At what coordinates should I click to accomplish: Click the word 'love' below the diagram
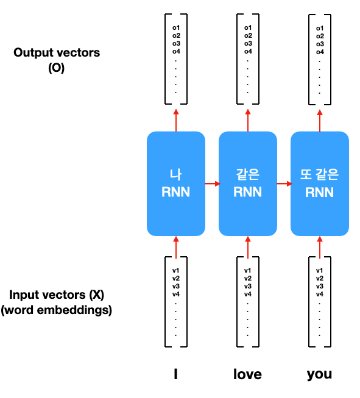pos(247,374)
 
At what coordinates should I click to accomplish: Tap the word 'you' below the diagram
pos(319,375)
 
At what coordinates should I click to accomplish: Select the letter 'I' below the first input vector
pos(175,374)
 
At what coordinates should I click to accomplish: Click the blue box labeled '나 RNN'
pos(176,184)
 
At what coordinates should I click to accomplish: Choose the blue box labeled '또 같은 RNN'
pos(320,184)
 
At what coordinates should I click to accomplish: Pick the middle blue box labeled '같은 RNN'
pos(248,184)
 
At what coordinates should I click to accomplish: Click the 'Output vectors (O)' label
pos(57,60)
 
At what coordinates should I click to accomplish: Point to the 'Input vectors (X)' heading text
pos(57,295)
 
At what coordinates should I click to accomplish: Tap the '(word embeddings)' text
pos(57,310)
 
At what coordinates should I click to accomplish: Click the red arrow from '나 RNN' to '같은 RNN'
pos(213,184)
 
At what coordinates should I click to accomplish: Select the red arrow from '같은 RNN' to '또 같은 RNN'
pos(284,184)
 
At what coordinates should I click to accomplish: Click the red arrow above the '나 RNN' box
pos(176,120)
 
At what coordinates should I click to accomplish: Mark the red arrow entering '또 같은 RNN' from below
pos(320,248)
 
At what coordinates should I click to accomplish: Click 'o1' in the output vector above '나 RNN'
pos(176,27)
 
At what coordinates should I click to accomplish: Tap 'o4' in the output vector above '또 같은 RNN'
pos(320,52)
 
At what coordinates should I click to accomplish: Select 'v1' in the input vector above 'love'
pos(248,270)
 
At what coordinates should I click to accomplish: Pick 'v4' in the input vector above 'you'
pos(320,294)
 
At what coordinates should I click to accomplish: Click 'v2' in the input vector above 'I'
pos(176,278)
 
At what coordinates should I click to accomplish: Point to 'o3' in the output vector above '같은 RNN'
pos(248,43)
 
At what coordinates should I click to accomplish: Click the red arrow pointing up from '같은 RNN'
pos(248,120)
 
